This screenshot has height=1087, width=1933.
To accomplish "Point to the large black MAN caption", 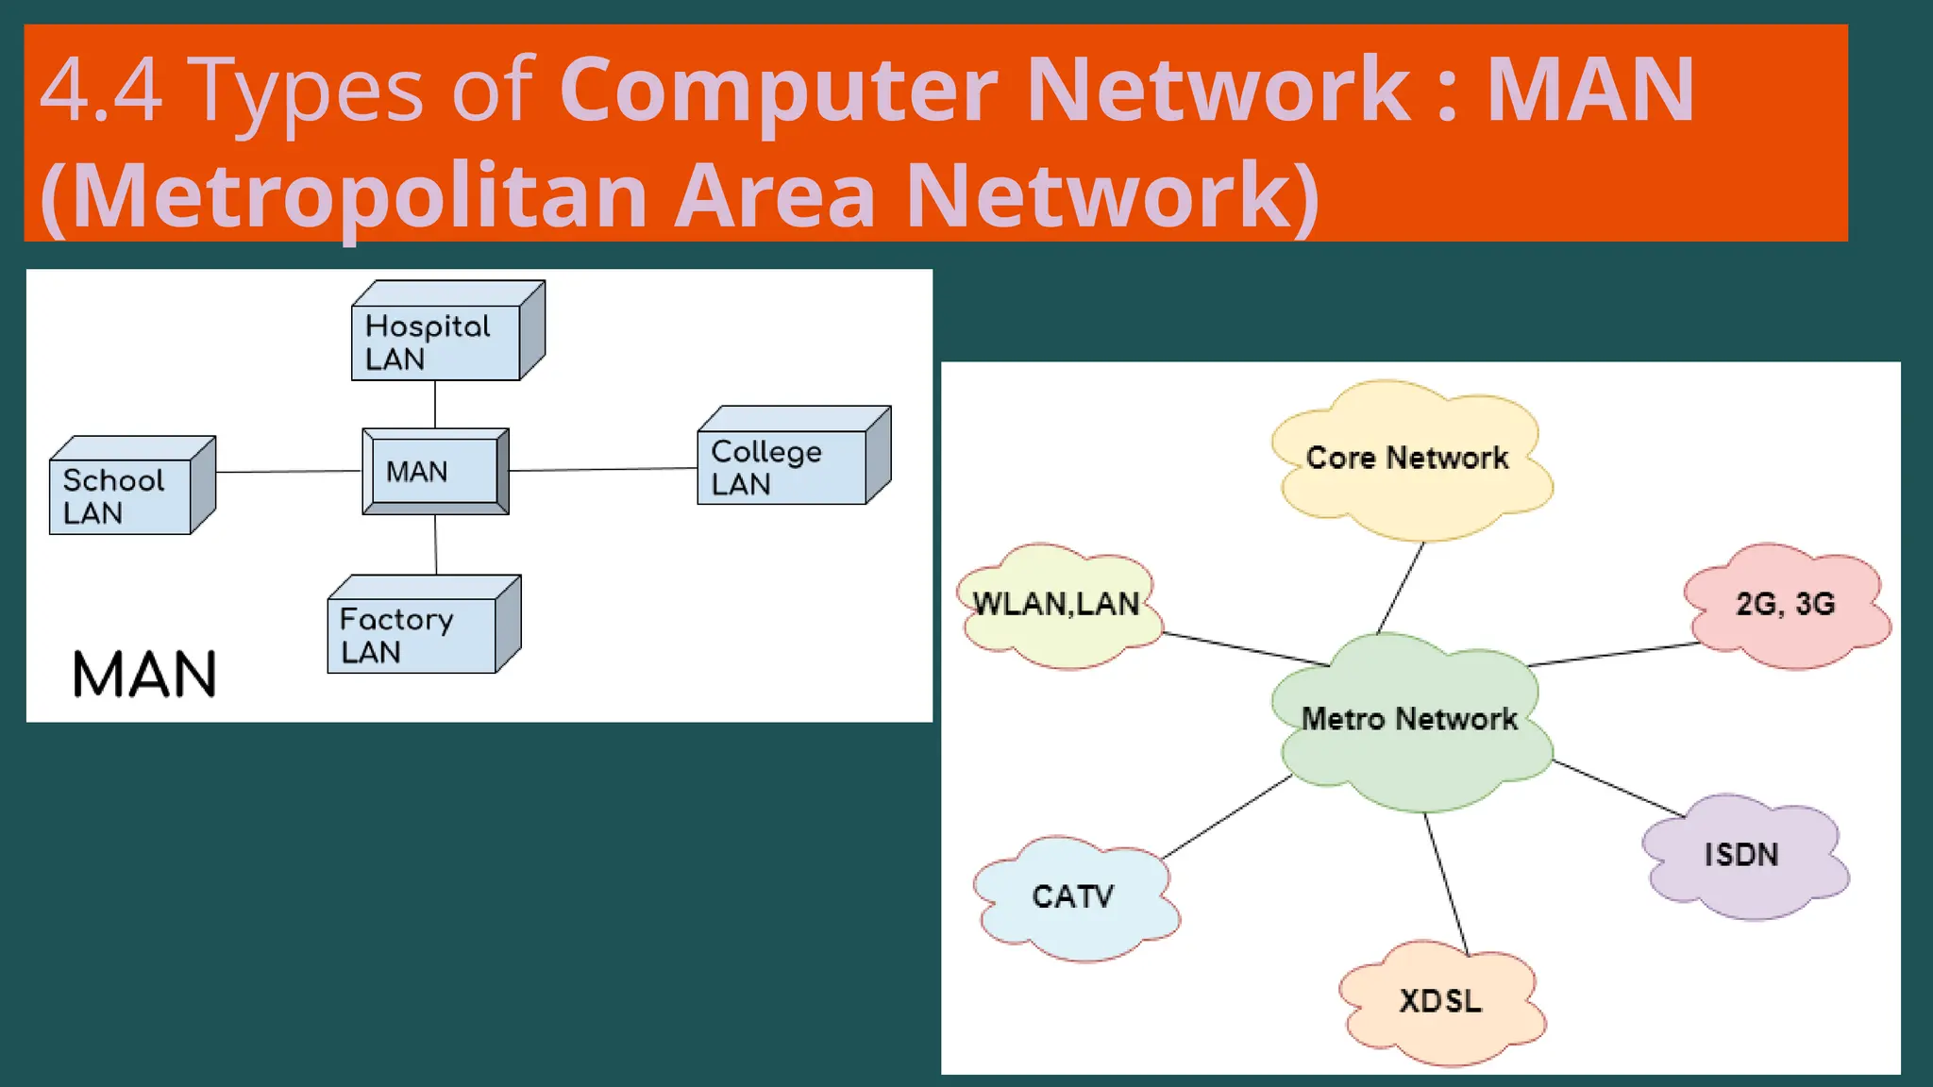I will tap(145, 675).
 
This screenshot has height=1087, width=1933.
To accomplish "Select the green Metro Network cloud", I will tap(1410, 721).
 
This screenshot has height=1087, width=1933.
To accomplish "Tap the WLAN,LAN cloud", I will tap(1056, 605).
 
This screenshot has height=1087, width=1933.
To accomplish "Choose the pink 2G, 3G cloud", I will tap(1785, 605).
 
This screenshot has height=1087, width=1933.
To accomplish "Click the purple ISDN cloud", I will tap(1742, 856).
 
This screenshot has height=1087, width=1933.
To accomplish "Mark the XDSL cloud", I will tap(1440, 1001).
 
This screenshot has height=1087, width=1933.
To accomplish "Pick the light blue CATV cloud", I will tap(1073, 897).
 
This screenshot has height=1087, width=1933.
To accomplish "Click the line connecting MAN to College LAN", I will tap(602, 469).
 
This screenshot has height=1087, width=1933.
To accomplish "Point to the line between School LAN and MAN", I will tap(288, 471).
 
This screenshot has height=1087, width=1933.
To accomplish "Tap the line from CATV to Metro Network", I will tap(1226, 817).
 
